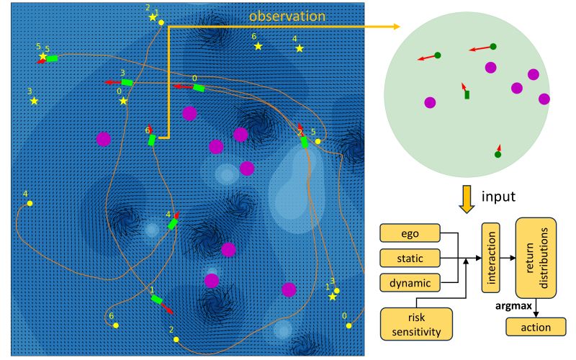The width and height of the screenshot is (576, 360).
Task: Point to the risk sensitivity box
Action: point(416,323)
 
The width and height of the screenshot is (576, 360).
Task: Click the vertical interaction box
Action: point(492,256)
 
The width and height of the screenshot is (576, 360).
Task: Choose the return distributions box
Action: point(536,257)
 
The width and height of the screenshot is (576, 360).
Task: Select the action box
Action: point(536,328)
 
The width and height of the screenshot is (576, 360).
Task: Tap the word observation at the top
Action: point(287,15)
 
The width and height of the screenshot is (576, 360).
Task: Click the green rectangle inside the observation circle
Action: point(467,94)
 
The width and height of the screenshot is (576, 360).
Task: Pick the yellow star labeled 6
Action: point(258,46)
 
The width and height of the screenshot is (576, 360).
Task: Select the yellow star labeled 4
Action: point(300,48)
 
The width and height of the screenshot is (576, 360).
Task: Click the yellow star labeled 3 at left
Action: point(34,101)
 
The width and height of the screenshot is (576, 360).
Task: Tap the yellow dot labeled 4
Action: point(30,204)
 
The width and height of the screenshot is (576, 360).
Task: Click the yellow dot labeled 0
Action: point(348,325)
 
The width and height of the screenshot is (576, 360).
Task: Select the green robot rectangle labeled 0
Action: point(199,88)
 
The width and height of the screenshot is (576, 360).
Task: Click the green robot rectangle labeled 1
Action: point(156,299)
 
